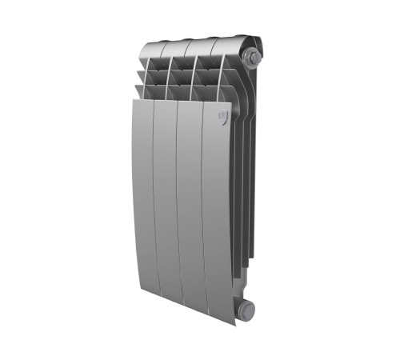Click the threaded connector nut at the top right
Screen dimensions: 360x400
(254, 58)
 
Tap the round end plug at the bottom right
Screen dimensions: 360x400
(246, 308)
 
